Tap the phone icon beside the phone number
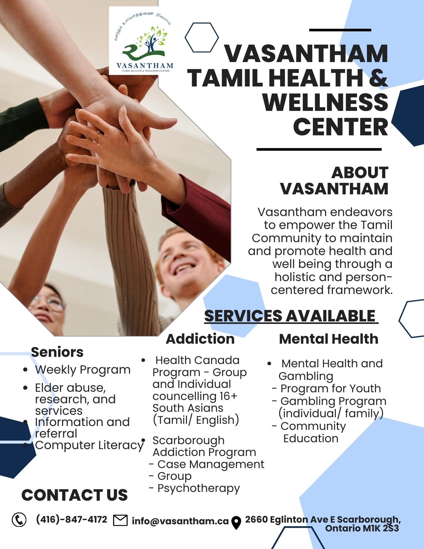pyautogui.click(x=19, y=520)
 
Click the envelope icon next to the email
pyautogui.click(x=120, y=520)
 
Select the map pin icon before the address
pyautogui.click(x=236, y=522)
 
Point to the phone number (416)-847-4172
pyautogui.click(x=72, y=519)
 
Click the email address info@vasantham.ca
pyautogui.click(x=180, y=521)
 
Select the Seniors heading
pyautogui.click(x=57, y=352)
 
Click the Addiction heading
pyautogui.click(x=200, y=339)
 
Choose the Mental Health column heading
pyautogui.click(x=328, y=339)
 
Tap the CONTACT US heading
pyautogui.click(x=74, y=495)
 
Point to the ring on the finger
pyautogui.click(x=98, y=135)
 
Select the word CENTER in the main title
pyautogui.click(x=340, y=127)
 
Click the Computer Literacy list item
pyautogui.click(x=89, y=445)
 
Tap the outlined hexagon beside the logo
pyautogui.click(x=202, y=37)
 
